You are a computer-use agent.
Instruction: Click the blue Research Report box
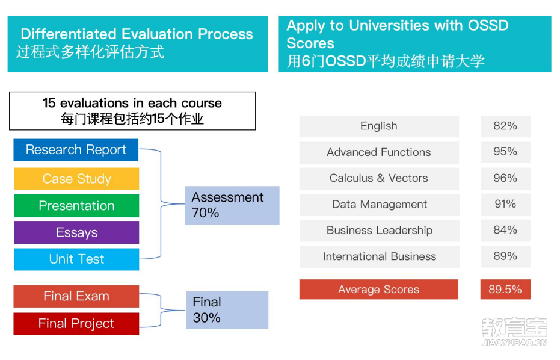76,150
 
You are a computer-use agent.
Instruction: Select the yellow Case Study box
76,178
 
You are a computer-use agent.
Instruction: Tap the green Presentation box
76,205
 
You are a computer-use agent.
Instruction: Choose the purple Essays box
76,232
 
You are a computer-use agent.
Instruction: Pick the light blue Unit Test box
76,259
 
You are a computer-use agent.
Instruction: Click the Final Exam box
76,296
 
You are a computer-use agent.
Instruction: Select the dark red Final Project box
76,323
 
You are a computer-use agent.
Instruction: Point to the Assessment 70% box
232,205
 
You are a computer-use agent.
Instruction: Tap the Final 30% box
227,310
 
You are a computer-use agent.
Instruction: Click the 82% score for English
505,126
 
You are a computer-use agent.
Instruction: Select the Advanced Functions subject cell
379,153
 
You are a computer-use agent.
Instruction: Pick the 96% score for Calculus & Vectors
505,178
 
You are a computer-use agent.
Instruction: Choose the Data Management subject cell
380,205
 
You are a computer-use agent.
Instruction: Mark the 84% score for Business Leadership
505,230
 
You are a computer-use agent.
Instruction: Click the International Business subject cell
380,256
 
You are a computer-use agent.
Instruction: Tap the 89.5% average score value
505,289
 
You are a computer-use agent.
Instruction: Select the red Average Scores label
378,289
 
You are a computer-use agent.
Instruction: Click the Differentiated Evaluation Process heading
137,34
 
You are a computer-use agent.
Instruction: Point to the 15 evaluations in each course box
132,111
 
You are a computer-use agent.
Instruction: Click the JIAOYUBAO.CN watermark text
514,343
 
